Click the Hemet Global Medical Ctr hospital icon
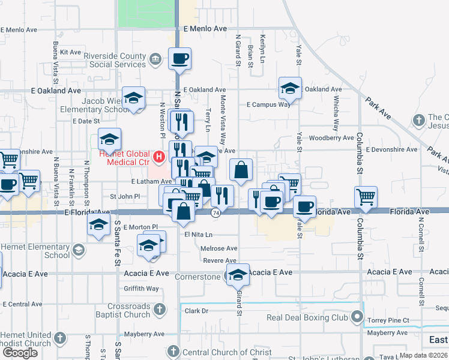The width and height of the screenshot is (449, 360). [x=159, y=157]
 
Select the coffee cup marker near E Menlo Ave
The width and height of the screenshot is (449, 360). [x=179, y=59]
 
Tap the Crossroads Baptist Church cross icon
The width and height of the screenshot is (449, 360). [x=159, y=310]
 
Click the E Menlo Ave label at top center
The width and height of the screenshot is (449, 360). [x=206, y=29]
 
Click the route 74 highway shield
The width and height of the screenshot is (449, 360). [x=215, y=212]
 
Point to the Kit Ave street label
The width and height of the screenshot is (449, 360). [x=71, y=52]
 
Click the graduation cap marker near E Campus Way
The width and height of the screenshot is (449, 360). [x=290, y=88]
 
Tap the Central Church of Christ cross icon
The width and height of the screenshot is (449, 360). [x=173, y=352]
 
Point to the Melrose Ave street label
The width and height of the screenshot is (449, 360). [x=220, y=248]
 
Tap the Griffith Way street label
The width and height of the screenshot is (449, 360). [x=142, y=289]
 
